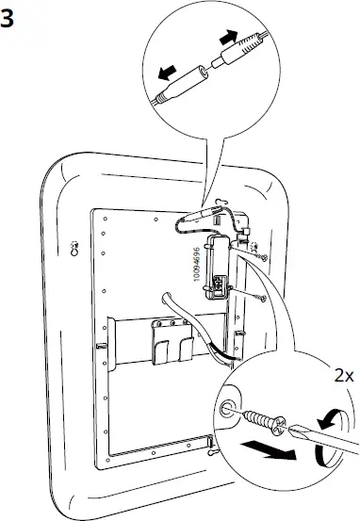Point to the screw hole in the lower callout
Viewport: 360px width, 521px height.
pyautogui.click(x=228, y=408)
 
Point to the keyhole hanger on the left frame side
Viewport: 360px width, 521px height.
pyautogui.click(x=75, y=250)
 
